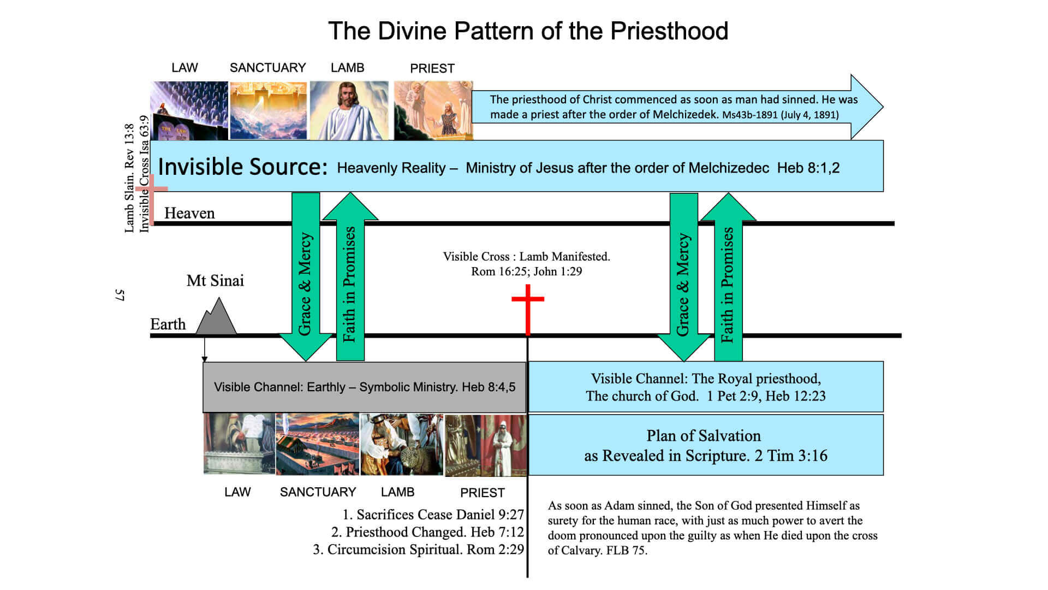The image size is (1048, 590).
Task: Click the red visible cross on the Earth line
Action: coord(528,311)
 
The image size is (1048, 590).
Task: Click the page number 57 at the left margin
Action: coord(120,295)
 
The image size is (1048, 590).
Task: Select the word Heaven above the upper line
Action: coord(189,213)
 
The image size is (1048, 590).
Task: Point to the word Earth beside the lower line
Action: coord(168,324)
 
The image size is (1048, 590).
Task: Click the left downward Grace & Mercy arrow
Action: coord(305,279)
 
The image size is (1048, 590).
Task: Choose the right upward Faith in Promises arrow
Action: coord(728,279)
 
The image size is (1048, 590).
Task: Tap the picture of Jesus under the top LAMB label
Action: coord(349,110)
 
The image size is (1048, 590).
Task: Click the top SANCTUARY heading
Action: coord(267,68)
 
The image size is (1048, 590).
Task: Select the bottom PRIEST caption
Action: coord(482,493)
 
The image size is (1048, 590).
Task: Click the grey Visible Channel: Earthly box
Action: coord(364,387)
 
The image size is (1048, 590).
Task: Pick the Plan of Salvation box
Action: coord(705,445)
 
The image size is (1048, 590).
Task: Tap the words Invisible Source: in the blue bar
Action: coord(242,167)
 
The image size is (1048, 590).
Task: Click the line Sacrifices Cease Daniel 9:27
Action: coord(433,515)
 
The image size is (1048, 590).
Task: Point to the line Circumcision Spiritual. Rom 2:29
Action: coord(418,550)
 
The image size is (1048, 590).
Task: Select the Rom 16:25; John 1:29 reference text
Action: coord(526,272)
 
